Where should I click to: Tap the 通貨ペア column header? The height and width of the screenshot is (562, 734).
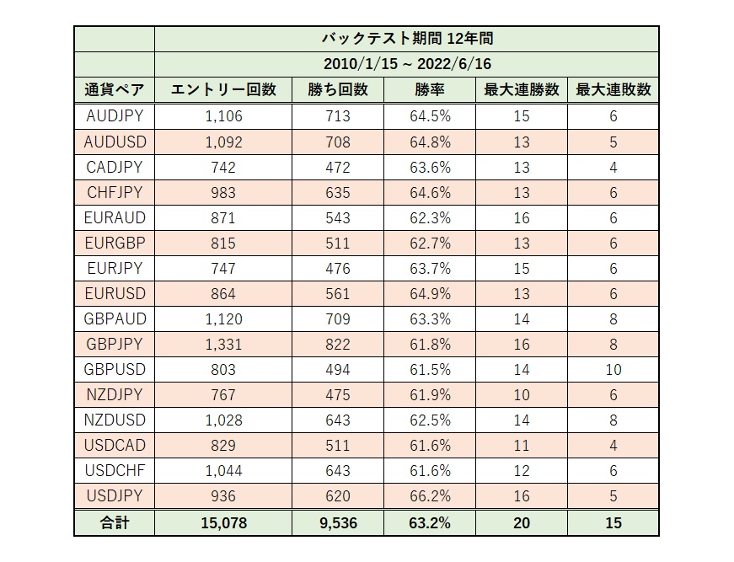click(x=114, y=90)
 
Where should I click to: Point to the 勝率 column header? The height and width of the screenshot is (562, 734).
click(x=428, y=90)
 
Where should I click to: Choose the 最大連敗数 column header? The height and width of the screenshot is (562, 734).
click(x=613, y=90)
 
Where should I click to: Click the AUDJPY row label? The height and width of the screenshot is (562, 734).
click(x=115, y=116)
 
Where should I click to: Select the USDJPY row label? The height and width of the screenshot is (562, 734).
click(x=115, y=495)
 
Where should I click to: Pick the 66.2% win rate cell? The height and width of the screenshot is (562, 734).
click(x=428, y=495)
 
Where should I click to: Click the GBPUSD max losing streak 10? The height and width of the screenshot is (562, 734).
click(x=613, y=369)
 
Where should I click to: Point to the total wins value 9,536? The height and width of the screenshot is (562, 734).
click(x=337, y=522)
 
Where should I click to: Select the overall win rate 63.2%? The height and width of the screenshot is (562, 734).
click(x=428, y=522)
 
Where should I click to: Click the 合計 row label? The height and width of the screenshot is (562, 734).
click(x=114, y=522)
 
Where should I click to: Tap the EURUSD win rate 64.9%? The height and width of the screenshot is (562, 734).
click(x=428, y=293)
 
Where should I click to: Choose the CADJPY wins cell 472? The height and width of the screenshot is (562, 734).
click(x=337, y=167)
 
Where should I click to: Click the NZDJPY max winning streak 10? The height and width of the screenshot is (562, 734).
click(x=521, y=394)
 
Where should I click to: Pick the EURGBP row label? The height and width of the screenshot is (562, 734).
click(x=115, y=243)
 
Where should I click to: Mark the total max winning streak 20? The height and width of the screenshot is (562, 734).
click(x=521, y=522)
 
